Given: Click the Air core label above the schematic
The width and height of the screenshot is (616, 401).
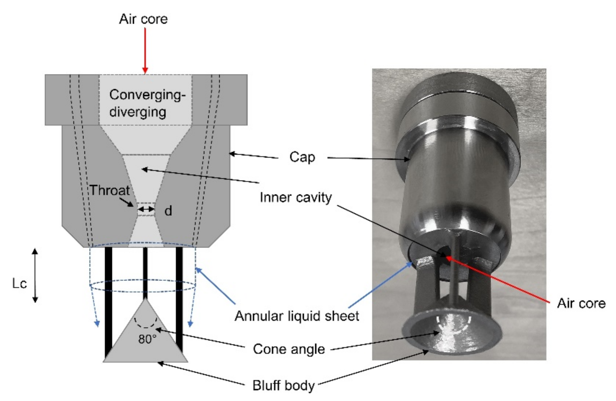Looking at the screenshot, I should click(143, 19).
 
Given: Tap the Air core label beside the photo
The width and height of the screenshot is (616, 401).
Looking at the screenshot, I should click(581, 303).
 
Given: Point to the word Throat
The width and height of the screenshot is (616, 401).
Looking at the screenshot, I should click(110, 190).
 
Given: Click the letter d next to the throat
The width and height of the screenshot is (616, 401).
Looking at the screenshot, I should click(168, 211).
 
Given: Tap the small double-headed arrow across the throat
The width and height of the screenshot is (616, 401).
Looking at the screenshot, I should click(146, 209).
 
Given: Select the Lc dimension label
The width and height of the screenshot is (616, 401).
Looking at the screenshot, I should click(19, 284).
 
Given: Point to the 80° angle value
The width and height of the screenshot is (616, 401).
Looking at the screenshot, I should click(147, 339).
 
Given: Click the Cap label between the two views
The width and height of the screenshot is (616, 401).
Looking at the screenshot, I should click(302, 157).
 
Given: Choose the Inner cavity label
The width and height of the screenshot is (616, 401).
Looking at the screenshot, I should click(296, 198).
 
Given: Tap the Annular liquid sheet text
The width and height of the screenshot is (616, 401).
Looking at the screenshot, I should click(297, 316).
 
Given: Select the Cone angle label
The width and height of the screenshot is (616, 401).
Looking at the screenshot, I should click(289, 349).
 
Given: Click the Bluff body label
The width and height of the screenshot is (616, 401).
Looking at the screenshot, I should click(283, 386).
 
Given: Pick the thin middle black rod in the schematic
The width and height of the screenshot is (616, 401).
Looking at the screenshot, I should click(145, 272).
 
